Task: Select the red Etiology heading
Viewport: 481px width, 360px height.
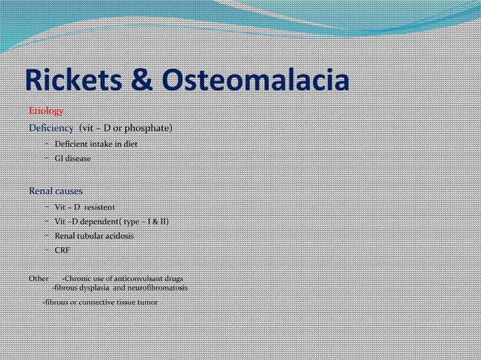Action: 46,111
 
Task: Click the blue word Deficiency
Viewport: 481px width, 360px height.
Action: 51,128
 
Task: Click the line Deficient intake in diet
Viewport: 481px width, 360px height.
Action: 96,143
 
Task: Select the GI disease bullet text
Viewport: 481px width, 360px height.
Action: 72,158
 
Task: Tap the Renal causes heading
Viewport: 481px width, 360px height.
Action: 56,191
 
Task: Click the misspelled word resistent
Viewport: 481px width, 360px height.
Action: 100,206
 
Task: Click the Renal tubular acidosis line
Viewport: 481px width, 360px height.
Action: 94,236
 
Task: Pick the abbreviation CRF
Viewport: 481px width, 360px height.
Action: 62,250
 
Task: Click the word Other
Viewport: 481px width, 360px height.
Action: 38,279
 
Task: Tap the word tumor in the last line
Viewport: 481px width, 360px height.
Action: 147,302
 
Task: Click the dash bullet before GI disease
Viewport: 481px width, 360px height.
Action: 46,158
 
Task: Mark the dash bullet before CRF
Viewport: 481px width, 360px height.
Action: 46,250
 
